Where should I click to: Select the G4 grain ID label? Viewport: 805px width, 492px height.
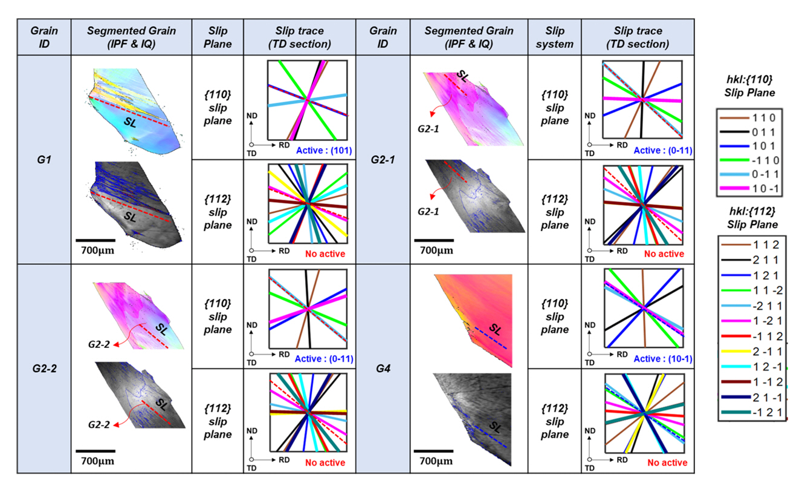coord(382,367)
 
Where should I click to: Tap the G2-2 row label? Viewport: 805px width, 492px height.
coord(44,367)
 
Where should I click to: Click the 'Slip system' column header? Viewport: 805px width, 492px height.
coord(554,38)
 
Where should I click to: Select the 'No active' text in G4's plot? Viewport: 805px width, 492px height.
coord(667,463)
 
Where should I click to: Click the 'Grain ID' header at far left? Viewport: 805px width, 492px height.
coord(44,38)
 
